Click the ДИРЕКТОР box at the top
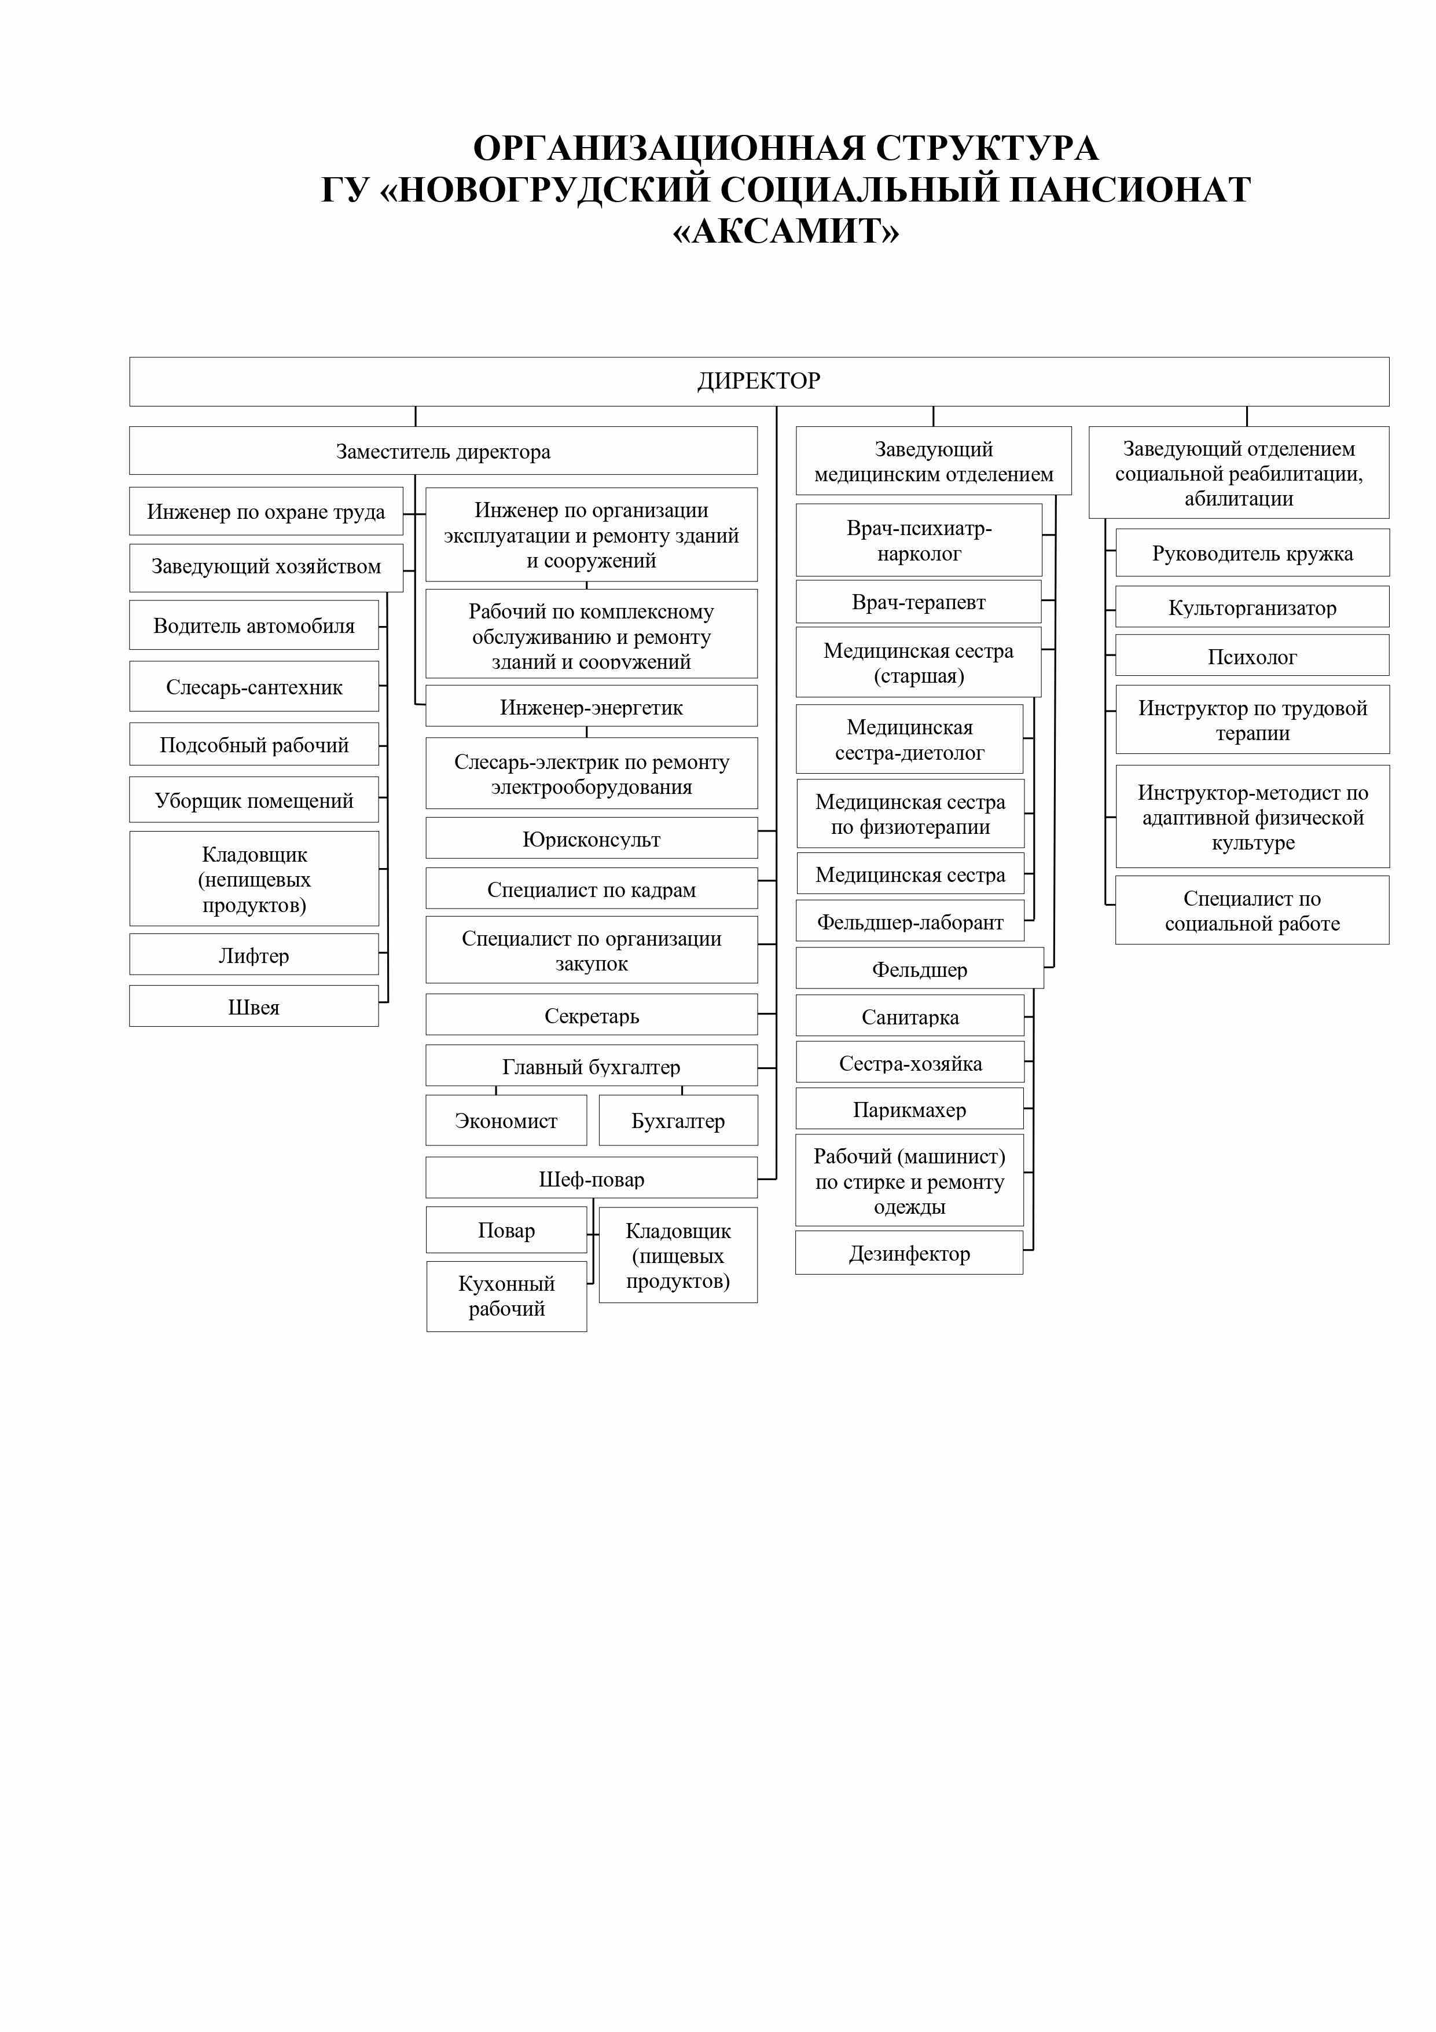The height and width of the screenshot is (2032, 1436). [759, 382]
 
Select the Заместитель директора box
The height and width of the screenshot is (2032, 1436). [443, 451]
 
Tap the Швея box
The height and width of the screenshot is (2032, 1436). [254, 1006]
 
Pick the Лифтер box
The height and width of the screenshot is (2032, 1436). [254, 954]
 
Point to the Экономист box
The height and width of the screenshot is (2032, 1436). [506, 1121]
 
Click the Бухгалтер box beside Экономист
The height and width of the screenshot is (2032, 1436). [678, 1121]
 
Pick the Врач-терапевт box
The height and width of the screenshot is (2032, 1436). [919, 602]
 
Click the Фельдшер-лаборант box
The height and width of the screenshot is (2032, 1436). [909, 921]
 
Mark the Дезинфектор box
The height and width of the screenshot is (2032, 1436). [909, 1253]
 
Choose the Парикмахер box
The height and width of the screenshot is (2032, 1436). [909, 1109]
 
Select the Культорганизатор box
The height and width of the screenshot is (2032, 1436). [1252, 607]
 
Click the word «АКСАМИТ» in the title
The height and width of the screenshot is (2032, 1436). [785, 232]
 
